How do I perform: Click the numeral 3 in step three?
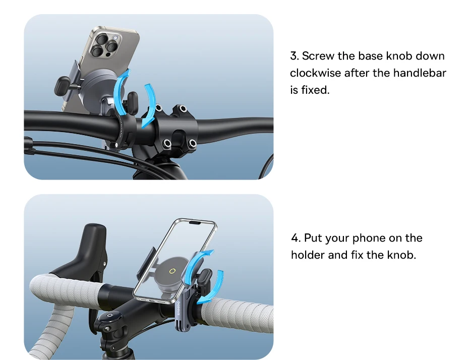click(294, 56)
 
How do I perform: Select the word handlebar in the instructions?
click(420, 73)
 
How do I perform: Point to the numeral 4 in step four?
click(295, 238)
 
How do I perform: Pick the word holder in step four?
click(308, 255)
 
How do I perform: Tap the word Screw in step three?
click(318, 56)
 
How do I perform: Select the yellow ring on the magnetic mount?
click(172, 271)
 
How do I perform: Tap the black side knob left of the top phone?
click(63, 86)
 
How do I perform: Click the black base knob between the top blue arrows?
click(133, 102)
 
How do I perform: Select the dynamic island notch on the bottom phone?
click(195, 222)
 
